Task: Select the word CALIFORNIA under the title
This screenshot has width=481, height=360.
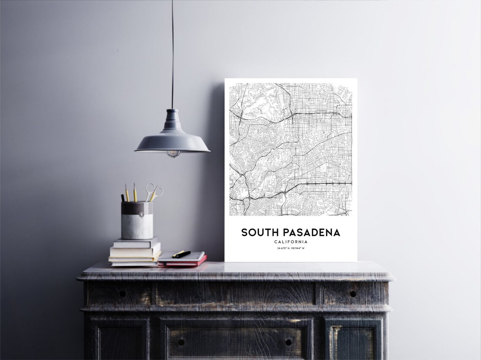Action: click(x=291, y=242)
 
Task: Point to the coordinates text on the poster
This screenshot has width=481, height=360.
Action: click(x=291, y=248)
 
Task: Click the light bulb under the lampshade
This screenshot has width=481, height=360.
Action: click(x=173, y=154)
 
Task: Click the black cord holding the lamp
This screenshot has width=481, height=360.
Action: click(x=172, y=55)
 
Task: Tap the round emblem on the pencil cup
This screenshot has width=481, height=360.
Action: click(x=141, y=215)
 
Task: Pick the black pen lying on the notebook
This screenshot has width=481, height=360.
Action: click(x=181, y=254)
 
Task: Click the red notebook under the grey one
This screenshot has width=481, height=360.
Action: click(x=182, y=263)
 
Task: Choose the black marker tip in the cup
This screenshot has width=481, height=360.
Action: click(x=123, y=197)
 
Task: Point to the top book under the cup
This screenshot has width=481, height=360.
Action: click(x=135, y=243)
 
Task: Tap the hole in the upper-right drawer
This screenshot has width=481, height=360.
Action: click(x=353, y=294)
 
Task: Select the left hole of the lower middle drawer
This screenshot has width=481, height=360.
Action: click(x=182, y=342)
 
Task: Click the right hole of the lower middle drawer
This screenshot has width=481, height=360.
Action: click(x=288, y=342)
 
